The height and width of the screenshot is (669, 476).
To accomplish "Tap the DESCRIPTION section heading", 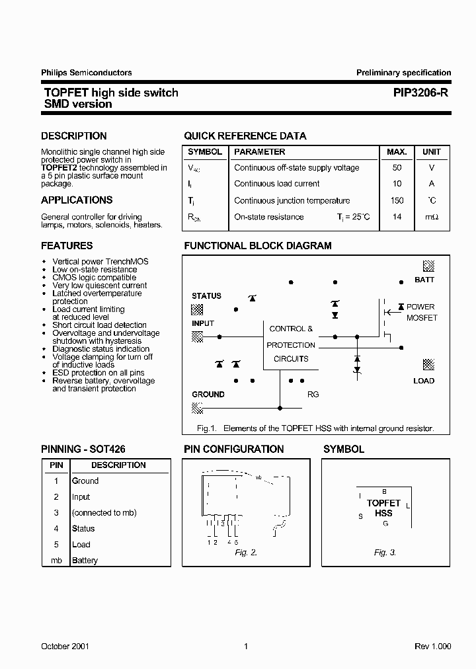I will click(x=73, y=136).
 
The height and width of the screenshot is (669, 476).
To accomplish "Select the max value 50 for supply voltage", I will click(x=397, y=168).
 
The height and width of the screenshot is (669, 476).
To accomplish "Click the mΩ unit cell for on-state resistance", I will click(x=432, y=217).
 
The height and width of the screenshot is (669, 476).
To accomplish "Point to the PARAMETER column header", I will click(x=259, y=152).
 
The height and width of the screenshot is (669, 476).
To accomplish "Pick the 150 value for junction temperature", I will click(x=397, y=200).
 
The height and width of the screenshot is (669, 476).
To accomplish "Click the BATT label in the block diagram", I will click(x=424, y=280).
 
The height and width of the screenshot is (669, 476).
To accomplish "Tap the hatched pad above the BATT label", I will click(x=428, y=266).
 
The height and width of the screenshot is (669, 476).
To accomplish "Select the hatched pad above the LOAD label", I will click(x=428, y=365).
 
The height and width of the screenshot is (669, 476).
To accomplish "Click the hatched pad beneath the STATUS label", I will click(x=197, y=309).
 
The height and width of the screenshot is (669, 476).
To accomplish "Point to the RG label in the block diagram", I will click(x=313, y=394).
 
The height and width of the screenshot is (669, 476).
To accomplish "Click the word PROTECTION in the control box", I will click(x=291, y=345).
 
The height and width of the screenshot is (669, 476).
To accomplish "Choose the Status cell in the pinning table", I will click(x=83, y=529).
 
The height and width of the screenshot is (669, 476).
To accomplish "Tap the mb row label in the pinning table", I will click(x=56, y=561).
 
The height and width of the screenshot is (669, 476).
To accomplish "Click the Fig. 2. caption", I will click(x=246, y=553).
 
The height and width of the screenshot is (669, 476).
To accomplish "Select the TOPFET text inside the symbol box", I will click(x=383, y=504).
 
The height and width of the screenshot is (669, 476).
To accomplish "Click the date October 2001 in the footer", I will click(x=65, y=647).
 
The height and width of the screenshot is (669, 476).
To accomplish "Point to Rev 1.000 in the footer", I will click(x=432, y=647).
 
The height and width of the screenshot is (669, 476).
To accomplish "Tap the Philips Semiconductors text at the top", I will click(x=87, y=73).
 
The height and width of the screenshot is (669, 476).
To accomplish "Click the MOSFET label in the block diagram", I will click(x=422, y=318).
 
